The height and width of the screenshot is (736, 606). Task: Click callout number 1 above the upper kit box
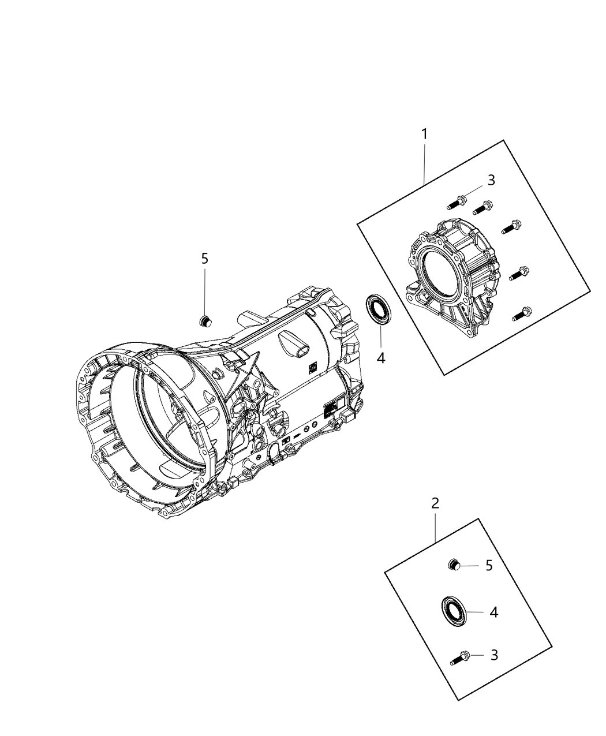(424, 135)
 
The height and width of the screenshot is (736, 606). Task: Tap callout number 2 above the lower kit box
(436, 503)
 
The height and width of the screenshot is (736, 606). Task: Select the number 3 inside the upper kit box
(491, 181)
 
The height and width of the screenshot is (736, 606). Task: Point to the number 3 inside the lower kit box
(493, 655)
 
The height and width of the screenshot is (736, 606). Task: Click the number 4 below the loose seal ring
(380, 358)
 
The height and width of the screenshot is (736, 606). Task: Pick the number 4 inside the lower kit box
(493, 612)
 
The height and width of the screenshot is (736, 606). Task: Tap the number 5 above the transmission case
(205, 259)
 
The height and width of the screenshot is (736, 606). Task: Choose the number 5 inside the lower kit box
(489, 566)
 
